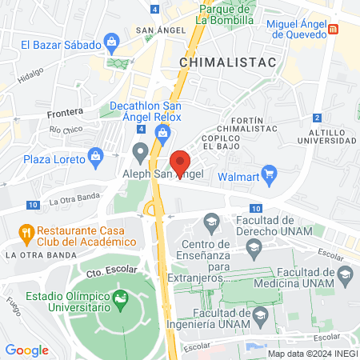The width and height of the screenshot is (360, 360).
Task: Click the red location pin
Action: point(180,160)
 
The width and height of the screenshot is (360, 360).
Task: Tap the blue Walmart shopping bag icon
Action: point(270,173)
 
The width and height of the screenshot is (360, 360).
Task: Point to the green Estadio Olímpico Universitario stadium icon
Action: point(121,301)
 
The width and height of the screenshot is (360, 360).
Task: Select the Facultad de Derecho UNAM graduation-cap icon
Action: point(212,220)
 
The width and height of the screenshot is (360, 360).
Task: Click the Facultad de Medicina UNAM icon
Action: point(345,276)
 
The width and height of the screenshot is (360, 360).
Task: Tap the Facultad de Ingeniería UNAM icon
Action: point(258,319)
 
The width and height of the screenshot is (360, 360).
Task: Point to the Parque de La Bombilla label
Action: point(229,14)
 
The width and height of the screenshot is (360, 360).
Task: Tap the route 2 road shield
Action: point(318,118)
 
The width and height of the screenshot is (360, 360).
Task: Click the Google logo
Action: point(26,350)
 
